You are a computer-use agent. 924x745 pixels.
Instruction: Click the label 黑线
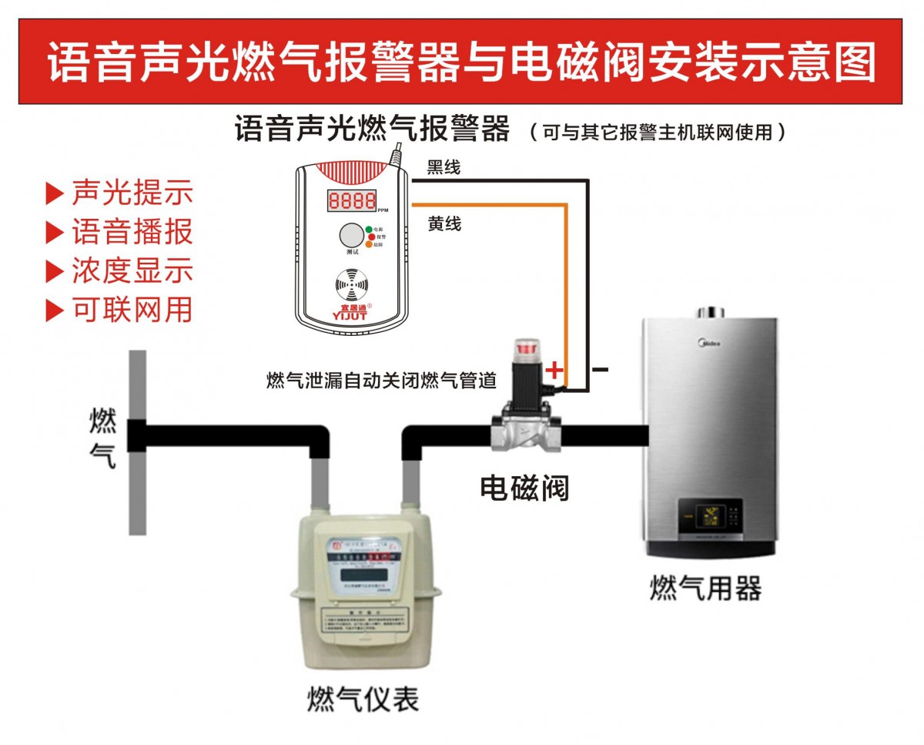444,167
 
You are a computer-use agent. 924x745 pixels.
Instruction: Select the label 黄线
444,223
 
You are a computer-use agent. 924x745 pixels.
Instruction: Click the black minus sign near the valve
601,370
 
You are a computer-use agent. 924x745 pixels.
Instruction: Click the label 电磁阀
524,487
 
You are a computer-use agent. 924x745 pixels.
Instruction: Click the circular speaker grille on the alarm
351,284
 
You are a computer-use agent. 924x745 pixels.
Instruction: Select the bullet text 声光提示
132,193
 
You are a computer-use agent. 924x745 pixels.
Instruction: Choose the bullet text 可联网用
132,310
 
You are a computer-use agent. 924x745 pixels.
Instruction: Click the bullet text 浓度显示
132,271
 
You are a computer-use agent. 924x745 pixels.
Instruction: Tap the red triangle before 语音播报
54,232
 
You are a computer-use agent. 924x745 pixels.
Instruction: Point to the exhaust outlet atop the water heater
711,312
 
